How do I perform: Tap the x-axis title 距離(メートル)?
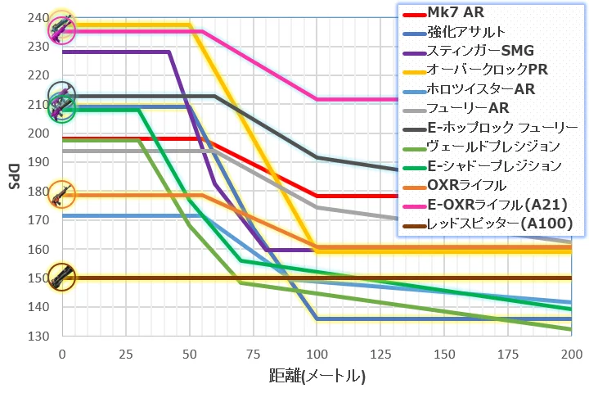(x=317, y=377)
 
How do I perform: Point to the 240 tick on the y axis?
(x=38, y=17)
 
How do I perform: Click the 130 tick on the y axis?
(x=38, y=336)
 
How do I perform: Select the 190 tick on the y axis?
(x=38, y=162)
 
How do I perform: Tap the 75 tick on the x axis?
(x=253, y=353)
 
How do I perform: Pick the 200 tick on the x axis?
(x=571, y=353)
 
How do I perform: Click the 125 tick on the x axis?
(x=380, y=353)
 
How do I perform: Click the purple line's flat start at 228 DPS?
(x=115, y=52)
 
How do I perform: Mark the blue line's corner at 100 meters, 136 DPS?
(x=317, y=318)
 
